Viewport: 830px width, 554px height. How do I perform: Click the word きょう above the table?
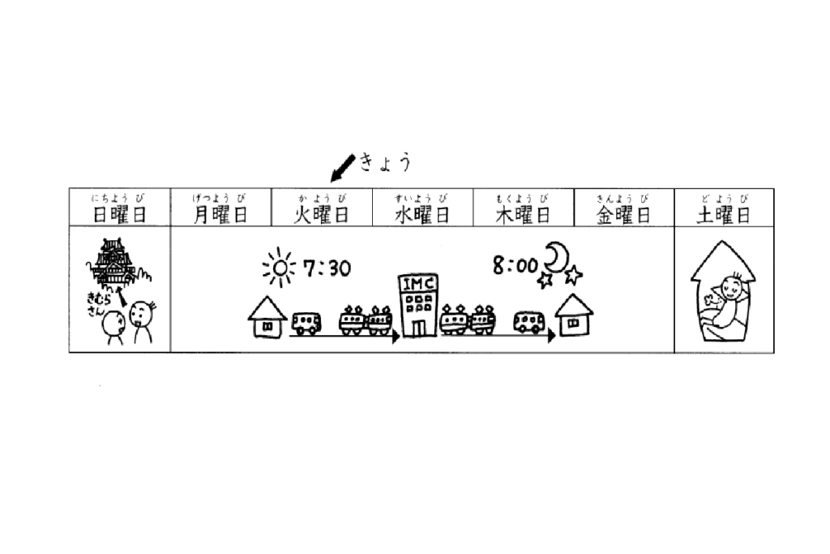tap(385, 162)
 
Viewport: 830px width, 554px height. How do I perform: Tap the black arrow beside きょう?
tap(343, 168)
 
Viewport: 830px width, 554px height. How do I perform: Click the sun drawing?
tap(280, 268)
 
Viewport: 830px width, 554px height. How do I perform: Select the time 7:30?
tap(327, 268)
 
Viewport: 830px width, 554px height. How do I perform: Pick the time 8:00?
tap(515, 264)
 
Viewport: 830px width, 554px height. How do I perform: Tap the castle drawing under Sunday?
tap(113, 262)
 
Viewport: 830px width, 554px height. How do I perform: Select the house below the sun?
tap(267, 316)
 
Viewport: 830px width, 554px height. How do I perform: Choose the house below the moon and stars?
tap(574, 316)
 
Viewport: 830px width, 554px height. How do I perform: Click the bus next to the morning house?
tap(306, 323)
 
